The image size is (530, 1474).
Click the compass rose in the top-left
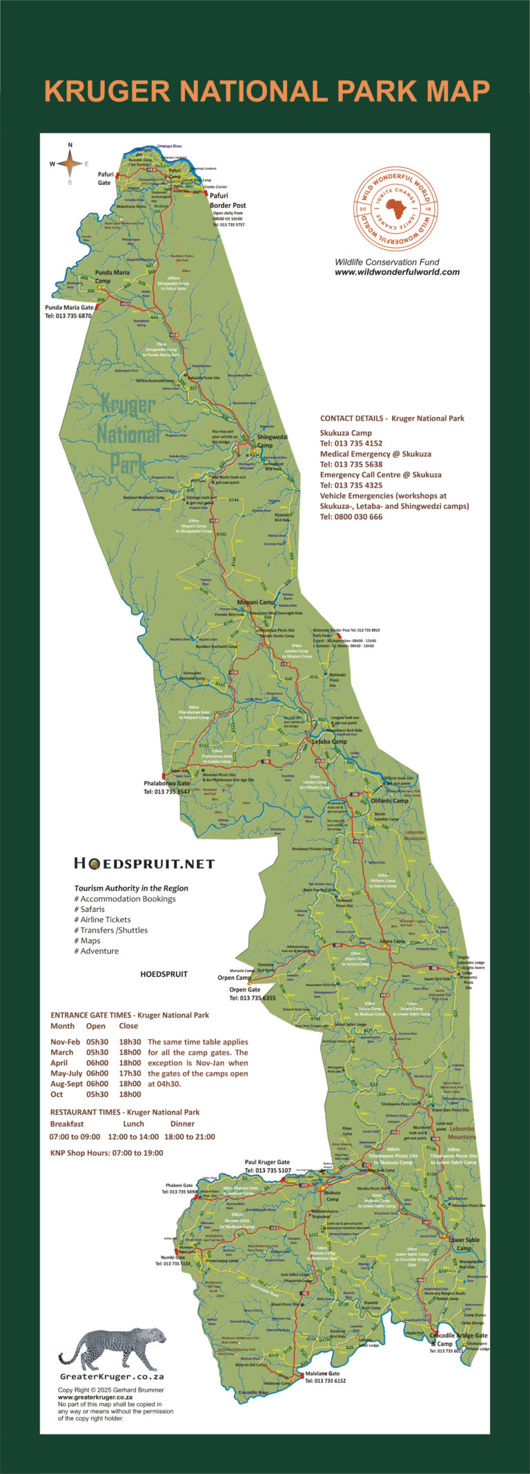[69, 164]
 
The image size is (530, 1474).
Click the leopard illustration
[112, 1345]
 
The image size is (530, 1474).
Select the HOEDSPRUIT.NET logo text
[144, 864]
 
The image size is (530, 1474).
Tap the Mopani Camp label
[256, 602]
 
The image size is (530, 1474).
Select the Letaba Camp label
[329, 741]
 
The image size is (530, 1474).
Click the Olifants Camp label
[389, 801]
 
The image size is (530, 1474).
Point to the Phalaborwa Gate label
[166, 784]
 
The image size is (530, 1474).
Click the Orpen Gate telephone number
[253, 998]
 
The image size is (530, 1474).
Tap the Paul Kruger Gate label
[267, 1162]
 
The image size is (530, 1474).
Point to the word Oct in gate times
[57, 1094]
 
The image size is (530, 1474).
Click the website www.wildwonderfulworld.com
[397, 272]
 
